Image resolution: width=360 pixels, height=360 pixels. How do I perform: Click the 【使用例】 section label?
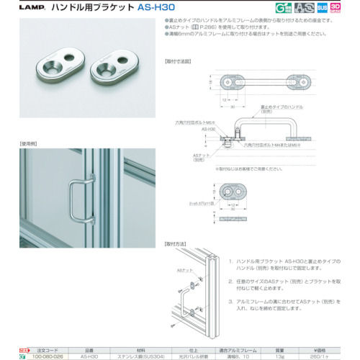30,144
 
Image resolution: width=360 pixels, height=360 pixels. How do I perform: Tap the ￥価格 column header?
336,348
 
